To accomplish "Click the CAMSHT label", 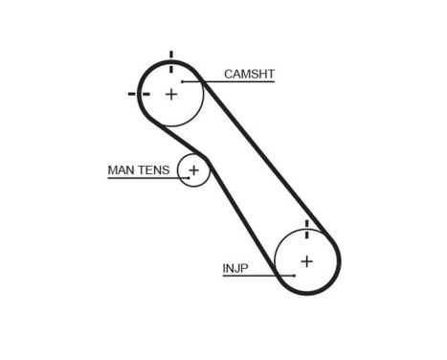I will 249,74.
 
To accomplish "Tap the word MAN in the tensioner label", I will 121,170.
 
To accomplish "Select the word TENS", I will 153,170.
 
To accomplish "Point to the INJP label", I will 235,269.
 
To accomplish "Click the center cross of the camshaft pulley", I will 171,94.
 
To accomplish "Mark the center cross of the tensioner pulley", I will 193,170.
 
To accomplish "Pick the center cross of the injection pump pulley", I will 306,260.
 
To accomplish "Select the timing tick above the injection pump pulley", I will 306,227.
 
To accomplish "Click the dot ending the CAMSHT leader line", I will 181,81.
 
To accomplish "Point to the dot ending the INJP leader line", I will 295,276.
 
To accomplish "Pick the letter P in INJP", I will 245,269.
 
